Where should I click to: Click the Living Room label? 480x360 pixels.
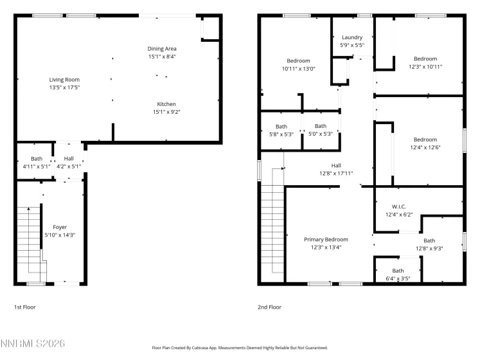[64, 80]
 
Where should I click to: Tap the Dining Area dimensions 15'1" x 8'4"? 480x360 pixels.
[162, 57]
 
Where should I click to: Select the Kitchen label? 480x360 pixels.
[166, 104]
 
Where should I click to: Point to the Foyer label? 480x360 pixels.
[60, 227]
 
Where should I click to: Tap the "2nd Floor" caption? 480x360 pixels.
[269, 307]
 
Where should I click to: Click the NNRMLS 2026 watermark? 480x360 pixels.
[33, 345]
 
